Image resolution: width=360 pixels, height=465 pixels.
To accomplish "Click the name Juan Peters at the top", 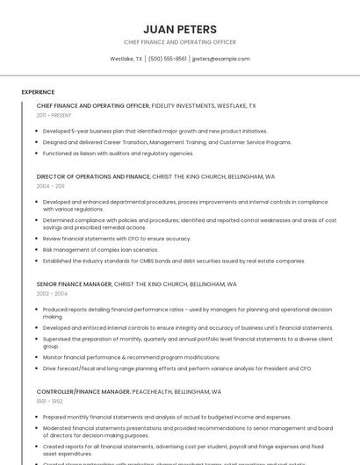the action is pos(179,29).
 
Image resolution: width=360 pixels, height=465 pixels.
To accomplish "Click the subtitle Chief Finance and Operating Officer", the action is pos(179,42).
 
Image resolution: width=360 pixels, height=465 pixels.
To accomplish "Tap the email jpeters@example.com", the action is pos(220,59).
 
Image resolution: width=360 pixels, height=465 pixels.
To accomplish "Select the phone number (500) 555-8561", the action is pos(167,59).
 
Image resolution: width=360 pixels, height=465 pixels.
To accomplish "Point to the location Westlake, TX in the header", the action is pos(126,59).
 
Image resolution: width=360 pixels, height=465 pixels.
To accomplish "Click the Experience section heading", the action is pos(38,92).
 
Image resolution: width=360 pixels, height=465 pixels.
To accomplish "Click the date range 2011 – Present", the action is pos(54,115).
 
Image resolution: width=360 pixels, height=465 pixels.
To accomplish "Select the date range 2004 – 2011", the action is pos(50,186).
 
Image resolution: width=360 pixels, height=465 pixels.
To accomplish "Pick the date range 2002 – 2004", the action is pos(52,294).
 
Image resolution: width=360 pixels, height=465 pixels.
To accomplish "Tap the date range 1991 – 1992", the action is pos(49,401).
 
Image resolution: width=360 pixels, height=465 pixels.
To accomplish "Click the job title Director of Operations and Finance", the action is pos(93,176).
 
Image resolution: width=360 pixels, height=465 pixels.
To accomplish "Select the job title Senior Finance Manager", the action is pos(74,284).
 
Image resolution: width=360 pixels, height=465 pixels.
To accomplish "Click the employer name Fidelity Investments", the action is pos(187,105).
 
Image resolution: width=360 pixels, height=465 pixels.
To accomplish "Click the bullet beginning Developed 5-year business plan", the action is pos(155,131).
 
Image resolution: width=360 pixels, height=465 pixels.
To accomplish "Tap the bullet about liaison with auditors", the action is pos(118,153).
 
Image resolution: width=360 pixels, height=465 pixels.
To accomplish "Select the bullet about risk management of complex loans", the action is pos(100,249).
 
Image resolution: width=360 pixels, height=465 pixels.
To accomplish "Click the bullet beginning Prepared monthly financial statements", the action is pos(166,417).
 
